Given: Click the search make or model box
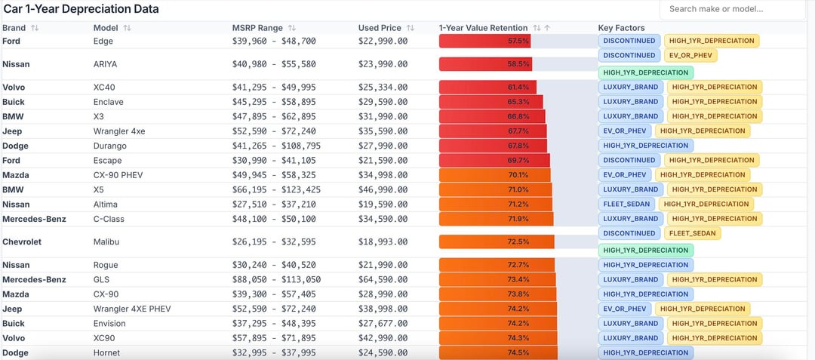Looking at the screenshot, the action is click(x=732, y=9).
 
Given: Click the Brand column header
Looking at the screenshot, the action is click(x=14, y=28).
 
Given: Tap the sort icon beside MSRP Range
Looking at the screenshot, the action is click(x=292, y=28).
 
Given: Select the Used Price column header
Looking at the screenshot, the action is click(x=380, y=28).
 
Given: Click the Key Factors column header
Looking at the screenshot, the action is click(x=621, y=28).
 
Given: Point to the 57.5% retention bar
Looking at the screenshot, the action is click(x=484, y=41).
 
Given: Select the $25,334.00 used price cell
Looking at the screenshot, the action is click(x=383, y=88).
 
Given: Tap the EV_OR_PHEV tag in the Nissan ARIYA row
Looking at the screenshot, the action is click(x=690, y=56).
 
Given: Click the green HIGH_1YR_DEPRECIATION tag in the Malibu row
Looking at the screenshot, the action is click(x=645, y=251).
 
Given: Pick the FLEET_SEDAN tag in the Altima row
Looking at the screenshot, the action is click(x=627, y=205).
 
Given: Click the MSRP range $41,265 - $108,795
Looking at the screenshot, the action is click(x=276, y=146).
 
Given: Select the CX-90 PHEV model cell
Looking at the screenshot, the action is click(x=118, y=175).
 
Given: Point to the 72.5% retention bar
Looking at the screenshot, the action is click(x=497, y=242).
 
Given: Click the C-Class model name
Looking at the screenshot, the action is click(x=109, y=219).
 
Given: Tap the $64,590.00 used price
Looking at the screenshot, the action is click(x=383, y=279).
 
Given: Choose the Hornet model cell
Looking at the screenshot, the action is click(x=106, y=353).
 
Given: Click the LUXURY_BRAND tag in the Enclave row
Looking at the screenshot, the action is click(x=630, y=102).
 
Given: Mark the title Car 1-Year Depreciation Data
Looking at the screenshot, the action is click(x=81, y=9).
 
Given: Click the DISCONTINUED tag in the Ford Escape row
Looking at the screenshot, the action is click(x=629, y=160).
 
